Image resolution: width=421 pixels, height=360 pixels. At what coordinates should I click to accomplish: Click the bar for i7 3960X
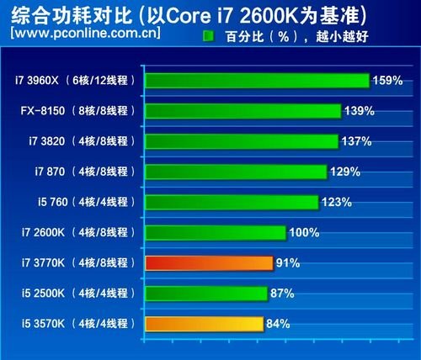pos(257,81)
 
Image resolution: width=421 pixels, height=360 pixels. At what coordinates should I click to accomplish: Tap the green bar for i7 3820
pos(242,141)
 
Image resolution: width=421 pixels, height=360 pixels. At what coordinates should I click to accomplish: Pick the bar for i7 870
pos(236,172)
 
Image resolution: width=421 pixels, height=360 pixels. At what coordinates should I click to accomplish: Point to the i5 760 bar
pos(232,202)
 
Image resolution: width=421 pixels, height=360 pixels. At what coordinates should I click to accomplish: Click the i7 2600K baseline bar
pos(216,233)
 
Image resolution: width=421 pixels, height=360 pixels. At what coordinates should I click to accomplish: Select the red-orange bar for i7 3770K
pos(209,263)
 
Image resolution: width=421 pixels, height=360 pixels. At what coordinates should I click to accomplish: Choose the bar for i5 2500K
pos(206,294)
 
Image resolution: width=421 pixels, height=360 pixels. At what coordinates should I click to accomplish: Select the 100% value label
pos(305,233)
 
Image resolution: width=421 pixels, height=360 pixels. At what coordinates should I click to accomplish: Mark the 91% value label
pos(288,263)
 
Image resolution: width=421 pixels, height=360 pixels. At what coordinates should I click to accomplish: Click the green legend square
pos(209,37)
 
